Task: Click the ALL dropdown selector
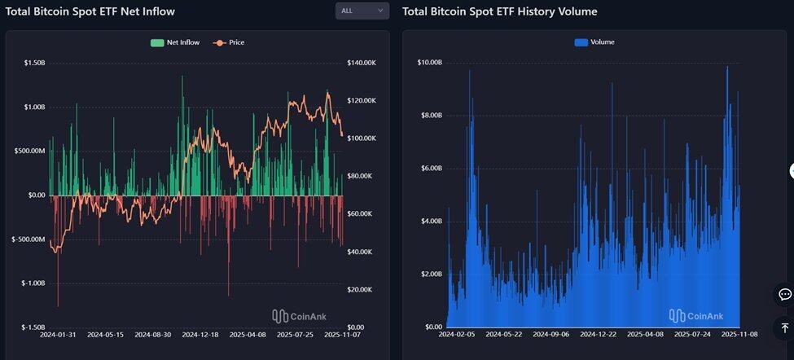click(362, 11)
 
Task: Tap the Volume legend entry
click(594, 42)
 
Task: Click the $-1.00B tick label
click(32, 283)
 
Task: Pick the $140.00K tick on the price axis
click(361, 63)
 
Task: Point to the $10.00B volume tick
click(429, 63)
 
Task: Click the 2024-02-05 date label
click(457, 335)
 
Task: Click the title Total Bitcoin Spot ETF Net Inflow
click(90, 11)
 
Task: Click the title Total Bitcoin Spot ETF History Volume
click(500, 11)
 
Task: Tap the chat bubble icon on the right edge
click(785, 294)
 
